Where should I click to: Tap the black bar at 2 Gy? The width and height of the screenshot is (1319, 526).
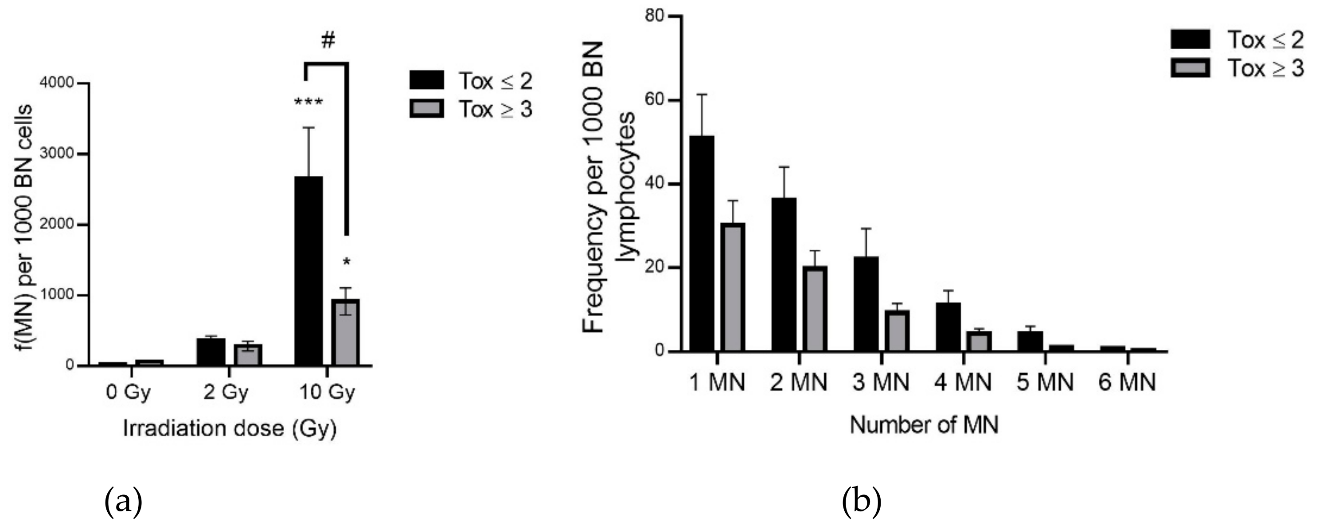(211, 352)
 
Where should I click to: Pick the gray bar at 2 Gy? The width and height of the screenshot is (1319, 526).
(247, 355)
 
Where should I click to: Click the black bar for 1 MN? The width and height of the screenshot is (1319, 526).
(702, 244)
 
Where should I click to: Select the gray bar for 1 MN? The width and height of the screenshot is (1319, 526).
(733, 287)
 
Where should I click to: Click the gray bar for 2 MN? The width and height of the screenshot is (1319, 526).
(815, 308)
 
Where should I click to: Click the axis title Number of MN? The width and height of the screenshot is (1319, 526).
(924, 425)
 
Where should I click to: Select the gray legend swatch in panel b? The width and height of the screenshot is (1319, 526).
(1190, 67)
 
